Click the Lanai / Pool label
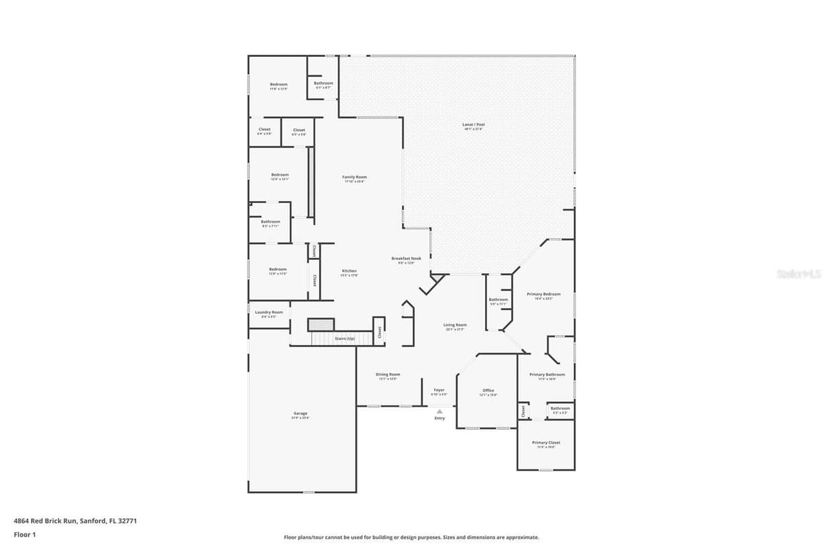pyautogui.click(x=473, y=124)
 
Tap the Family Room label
pyautogui.click(x=355, y=177)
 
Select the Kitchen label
pyautogui.click(x=349, y=271)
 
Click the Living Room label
pyautogui.click(x=455, y=325)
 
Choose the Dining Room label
pyautogui.click(x=387, y=374)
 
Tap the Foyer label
pyautogui.click(x=439, y=390)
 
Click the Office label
pyautogui.click(x=488, y=390)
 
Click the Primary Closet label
pyautogui.click(x=546, y=442)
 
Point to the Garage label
pyautogui.click(x=300, y=414)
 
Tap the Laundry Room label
pyautogui.click(x=268, y=312)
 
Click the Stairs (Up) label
pyautogui.click(x=344, y=339)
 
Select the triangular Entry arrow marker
pyautogui.click(x=440, y=411)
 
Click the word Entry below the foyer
pyautogui.click(x=440, y=418)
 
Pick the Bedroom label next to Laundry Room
pyautogui.click(x=278, y=269)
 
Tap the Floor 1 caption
pyautogui.click(x=25, y=534)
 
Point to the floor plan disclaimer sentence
pyautogui.click(x=411, y=538)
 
